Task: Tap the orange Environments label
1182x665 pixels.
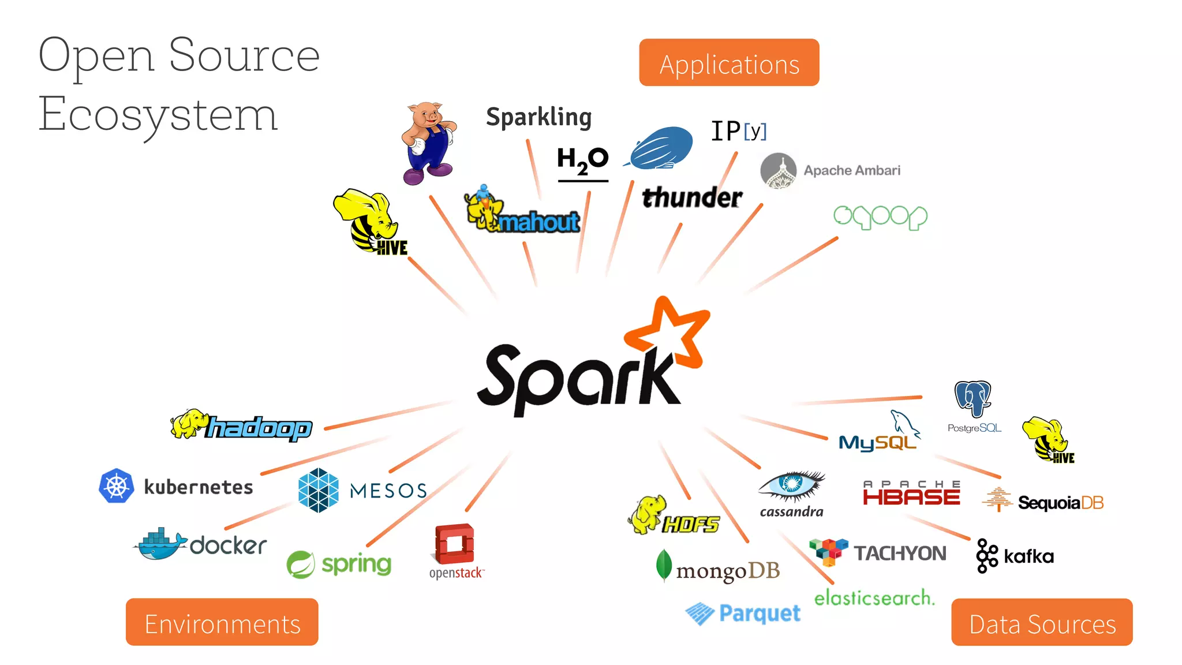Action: coord(222,622)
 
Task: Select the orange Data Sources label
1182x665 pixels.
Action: coord(1042,622)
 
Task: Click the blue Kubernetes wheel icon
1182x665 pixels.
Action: coord(117,485)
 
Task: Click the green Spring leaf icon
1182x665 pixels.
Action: coord(301,564)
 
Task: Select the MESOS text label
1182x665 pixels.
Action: coord(388,491)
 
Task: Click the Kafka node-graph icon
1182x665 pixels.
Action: coord(986,555)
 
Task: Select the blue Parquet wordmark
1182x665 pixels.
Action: coord(760,613)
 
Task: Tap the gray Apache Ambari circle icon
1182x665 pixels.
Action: coord(779,171)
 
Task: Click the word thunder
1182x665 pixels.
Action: coord(692,197)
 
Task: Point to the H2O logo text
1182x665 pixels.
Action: coord(582,160)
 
